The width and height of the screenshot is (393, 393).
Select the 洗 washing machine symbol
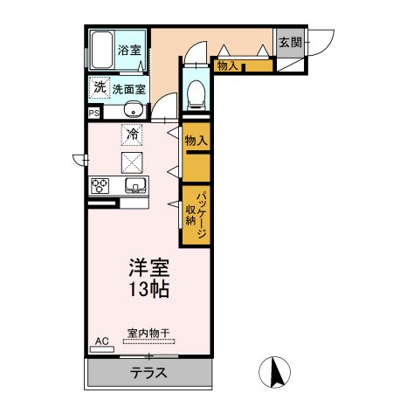[99, 86]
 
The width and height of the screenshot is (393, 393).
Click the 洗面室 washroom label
[128, 88]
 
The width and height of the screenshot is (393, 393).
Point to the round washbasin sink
[133, 109]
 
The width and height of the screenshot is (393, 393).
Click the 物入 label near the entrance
[227, 65]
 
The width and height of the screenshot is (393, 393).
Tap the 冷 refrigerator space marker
[133, 134]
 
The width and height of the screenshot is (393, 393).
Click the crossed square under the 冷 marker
[133, 161]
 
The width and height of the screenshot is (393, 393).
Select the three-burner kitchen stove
[100, 185]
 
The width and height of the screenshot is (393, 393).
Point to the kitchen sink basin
[134, 185]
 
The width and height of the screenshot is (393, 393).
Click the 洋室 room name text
[148, 267]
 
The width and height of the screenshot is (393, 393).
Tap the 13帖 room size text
[148, 289]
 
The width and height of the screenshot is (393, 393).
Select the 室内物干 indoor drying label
[148, 333]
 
